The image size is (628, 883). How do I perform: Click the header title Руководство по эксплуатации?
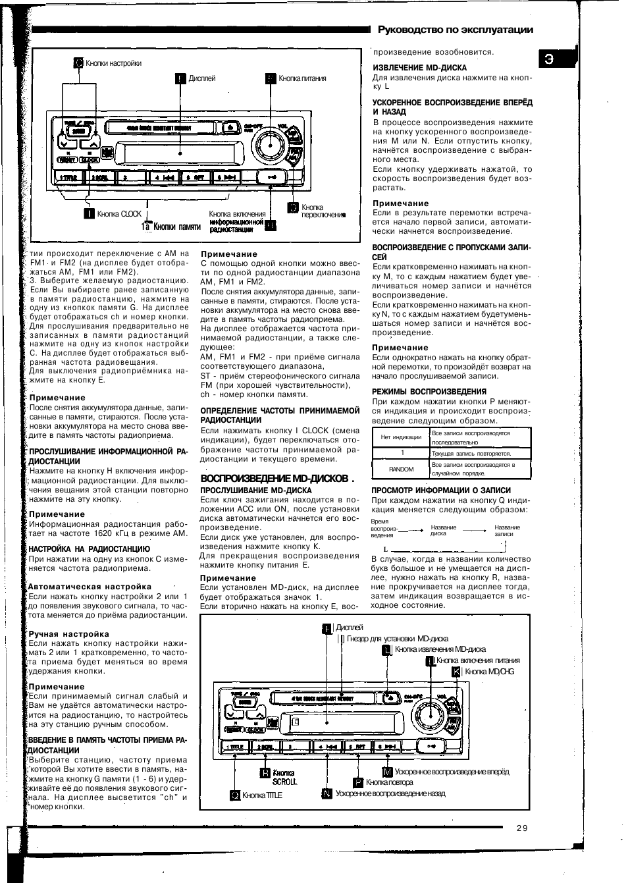coord(455,30)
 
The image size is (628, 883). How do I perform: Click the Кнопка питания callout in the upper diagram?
coord(302,78)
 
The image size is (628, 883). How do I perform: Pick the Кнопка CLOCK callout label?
coord(119,213)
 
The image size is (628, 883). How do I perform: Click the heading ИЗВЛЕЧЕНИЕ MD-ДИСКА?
coord(419,68)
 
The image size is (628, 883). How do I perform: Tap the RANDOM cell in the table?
coord(402,469)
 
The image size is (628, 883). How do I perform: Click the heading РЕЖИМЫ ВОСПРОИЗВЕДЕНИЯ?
coord(429,392)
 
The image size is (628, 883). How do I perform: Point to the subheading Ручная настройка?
coord(68,634)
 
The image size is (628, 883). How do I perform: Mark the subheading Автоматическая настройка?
coord(90,586)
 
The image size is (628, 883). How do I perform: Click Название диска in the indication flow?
coord(443,530)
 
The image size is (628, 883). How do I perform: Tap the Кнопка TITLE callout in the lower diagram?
coord(261,795)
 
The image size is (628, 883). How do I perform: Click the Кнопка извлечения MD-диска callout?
coord(440,649)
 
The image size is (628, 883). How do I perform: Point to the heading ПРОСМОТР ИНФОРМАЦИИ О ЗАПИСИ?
coord(441,490)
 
